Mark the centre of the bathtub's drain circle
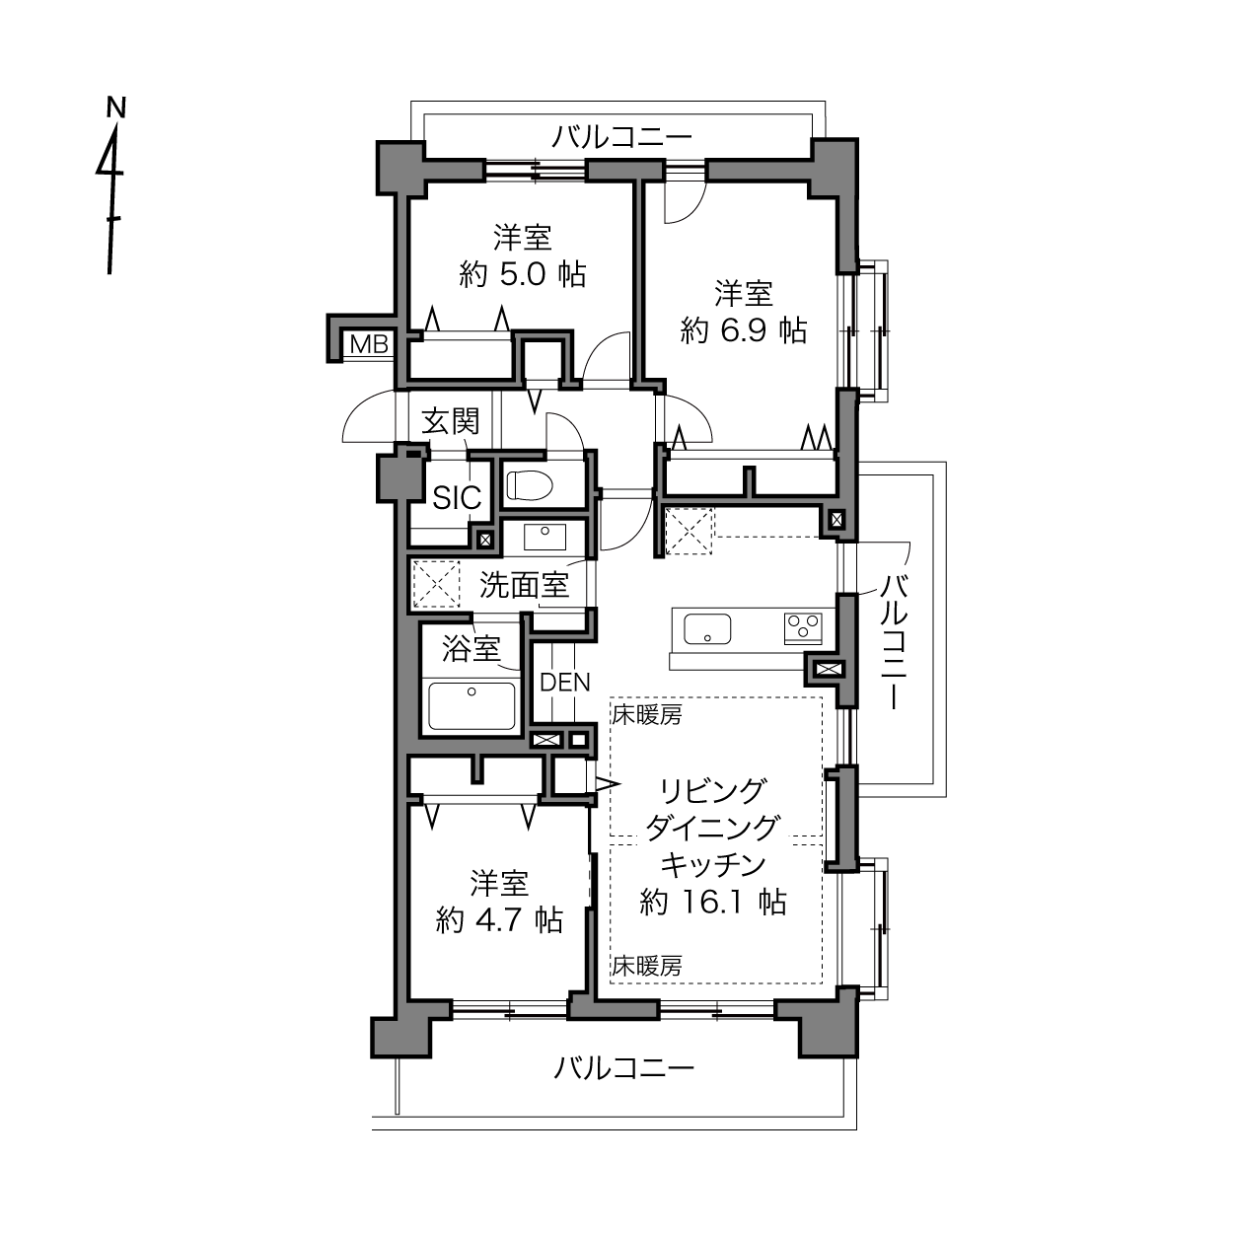[472, 691]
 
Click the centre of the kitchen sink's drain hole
[707, 637]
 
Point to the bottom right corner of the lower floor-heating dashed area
[823, 983]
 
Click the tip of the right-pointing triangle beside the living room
[619, 783]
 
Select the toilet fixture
[530, 485]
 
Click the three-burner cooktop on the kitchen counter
[803, 627]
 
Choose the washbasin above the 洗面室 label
[545, 537]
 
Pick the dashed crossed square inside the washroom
[436, 583]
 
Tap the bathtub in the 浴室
[472, 705]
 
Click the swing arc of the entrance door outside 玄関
[369, 415]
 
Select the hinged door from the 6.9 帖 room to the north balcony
[685, 202]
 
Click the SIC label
[457, 498]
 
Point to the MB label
[369, 345]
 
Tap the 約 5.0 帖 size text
[523, 275]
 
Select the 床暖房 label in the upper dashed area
[647, 714]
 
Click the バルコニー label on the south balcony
[623, 1068]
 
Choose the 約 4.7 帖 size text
[499, 920]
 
